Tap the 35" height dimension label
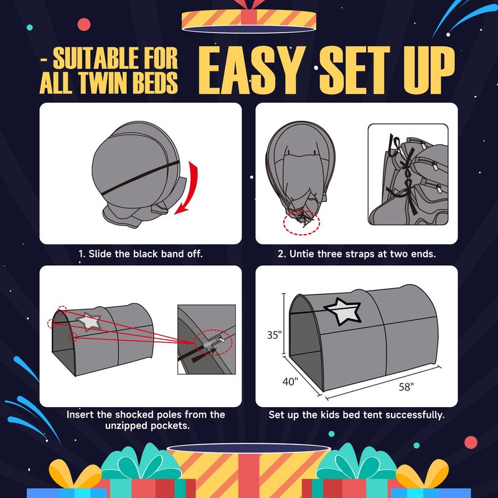(275, 335)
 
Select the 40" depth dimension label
(290, 381)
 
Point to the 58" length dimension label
(406, 387)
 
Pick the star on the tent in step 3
(89, 322)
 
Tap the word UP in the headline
(430, 70)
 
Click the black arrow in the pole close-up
(204, 355)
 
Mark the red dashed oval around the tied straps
(301, 223)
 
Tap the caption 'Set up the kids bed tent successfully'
(356, 415)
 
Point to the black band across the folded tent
(139, 178)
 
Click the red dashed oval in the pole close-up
(213, 344)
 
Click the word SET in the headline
(355, 70)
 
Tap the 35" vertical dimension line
(284, 324)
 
